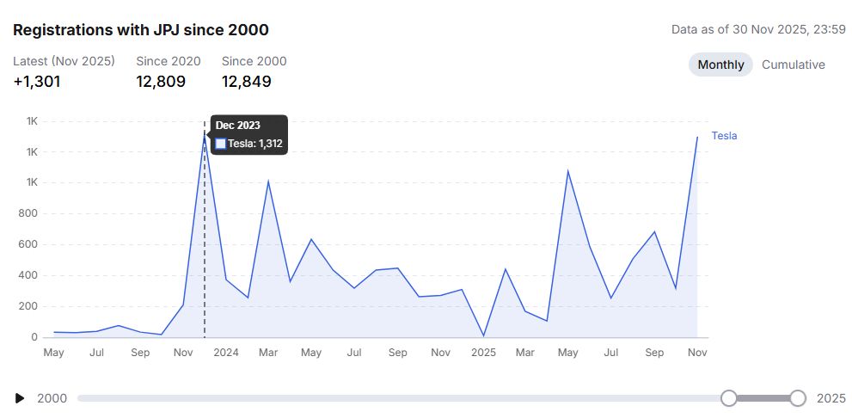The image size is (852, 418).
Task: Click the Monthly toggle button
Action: pos(720,65)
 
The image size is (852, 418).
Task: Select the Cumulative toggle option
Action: pos(793,65)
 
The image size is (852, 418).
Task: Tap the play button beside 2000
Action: pos(20,398)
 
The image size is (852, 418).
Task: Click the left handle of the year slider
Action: pos(729,398)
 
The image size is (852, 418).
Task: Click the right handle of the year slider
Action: pos(798,398)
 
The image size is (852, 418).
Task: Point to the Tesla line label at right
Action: pos(724,136)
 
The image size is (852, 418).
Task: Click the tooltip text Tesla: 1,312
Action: pos(254,144)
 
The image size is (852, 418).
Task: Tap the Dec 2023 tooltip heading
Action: pos(238,126)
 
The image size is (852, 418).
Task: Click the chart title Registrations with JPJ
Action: pos(140,30)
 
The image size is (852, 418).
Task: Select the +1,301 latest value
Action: pos(37,82)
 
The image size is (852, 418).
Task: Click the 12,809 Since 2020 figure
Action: pos(161,82)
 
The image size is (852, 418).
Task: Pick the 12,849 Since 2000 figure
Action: pos(247,82)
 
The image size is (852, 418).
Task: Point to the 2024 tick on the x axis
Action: pos(226,353)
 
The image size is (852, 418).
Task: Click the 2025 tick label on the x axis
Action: pos(484,353)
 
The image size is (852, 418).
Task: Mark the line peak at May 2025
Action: pos(568,171)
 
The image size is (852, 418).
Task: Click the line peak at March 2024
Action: pos(268,181)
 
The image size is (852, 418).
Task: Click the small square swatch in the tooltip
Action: pos(221,144)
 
